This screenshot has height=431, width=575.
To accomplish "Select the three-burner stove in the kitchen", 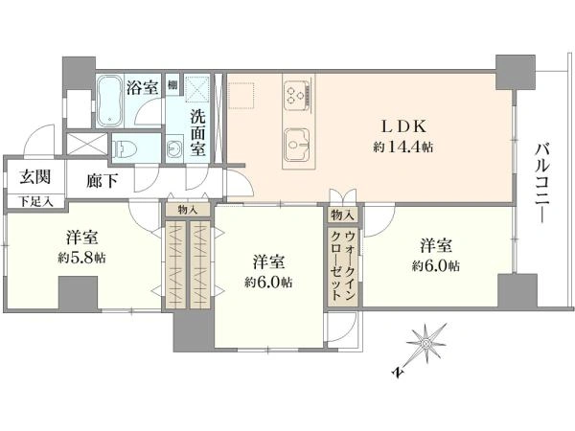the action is click(296, 94).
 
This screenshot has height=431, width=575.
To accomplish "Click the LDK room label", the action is click(403, 126).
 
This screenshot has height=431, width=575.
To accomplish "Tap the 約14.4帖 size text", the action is click(403, 147).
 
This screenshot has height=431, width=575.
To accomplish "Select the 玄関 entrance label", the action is click(34, 177).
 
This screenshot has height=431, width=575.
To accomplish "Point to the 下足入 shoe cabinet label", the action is click(35, 201).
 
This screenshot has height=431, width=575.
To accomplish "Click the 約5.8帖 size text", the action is click(81, 258).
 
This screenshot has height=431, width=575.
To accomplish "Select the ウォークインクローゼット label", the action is click(342, 265).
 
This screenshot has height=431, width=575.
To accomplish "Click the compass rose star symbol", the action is click(426, 344).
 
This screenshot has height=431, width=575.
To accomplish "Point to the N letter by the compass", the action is click(397, 373).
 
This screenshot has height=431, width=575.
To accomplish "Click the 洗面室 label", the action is click(197, 133).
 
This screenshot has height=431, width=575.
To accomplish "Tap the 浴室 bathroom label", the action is click(142, 87).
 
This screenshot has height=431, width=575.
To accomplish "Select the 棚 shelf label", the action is click(172, 84).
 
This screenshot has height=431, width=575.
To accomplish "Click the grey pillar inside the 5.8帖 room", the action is click(79, 293).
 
